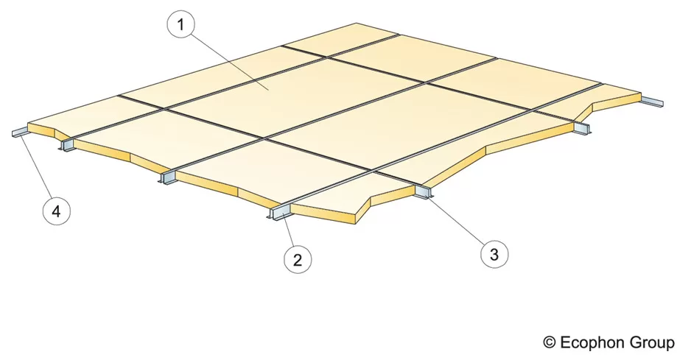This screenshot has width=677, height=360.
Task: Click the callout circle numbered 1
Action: click(x=181, y=24)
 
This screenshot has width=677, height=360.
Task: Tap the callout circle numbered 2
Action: click(x=298, y=259)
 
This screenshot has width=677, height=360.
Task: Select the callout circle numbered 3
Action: click(x=494, y=254)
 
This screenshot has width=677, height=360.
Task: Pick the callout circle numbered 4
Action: click(x=57, y=211)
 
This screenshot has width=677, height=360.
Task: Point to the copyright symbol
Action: click(x=550, y=343)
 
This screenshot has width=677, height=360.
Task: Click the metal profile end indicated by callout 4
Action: click(x=20, y=133)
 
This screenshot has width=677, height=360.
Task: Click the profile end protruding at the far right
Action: click(x=652, y=103)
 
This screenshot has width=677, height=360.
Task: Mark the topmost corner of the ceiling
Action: click(x=357, y=24)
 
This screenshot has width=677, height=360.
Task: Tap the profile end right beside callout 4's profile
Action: click(x=66, y=144)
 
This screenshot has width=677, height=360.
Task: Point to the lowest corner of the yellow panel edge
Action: click(x=355, y=224)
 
